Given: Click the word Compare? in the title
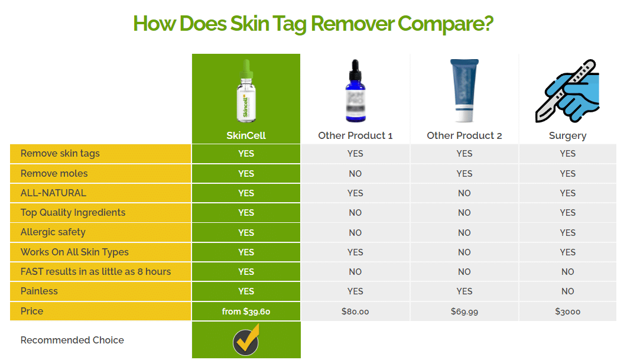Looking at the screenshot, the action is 446,24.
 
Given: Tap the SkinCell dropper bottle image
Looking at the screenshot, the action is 246,91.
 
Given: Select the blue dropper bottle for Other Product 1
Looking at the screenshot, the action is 355,91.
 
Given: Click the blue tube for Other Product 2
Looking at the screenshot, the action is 464,91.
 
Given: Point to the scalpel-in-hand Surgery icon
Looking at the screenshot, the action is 567,91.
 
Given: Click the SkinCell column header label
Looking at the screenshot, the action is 246,135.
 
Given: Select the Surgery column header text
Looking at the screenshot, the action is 567,136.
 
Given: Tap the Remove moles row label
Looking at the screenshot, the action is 54,174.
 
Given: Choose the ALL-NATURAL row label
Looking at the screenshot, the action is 53,193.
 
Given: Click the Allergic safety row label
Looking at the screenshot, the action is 53,232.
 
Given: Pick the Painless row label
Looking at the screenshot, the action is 39,291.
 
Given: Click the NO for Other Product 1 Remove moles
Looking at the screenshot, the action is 355,174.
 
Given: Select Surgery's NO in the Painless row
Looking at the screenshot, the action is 567,291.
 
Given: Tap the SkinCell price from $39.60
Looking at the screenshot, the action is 246,312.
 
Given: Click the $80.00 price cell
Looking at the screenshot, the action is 355,312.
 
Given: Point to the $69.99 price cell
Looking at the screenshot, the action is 464,312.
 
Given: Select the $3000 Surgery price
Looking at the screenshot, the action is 567,312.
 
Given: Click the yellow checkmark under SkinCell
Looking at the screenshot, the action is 246,340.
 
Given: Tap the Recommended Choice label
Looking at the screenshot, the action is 72,340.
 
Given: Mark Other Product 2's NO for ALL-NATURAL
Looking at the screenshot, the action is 464,193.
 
